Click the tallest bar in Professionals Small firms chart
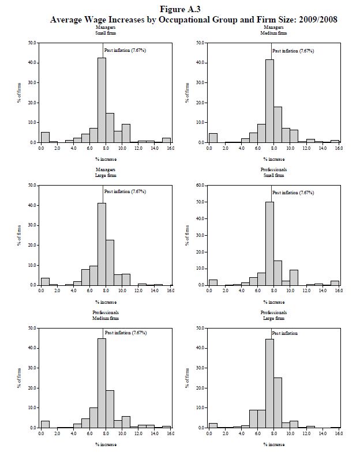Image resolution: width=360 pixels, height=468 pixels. (x=269, y=243)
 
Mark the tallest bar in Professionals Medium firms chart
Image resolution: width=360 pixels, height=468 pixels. (x=102, y=383)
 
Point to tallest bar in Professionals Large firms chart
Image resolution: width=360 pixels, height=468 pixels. (x=269, y=383)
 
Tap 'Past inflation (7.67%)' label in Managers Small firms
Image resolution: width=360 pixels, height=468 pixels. (x=125, y=51)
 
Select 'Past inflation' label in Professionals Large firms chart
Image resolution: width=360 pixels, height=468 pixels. (x=285, y=334)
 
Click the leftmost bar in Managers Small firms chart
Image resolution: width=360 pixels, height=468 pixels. (x=45, y=137)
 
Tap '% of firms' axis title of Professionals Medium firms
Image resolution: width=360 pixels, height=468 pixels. (x=18, y=377)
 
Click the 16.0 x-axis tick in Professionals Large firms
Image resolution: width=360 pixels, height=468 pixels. (x=339, y=432)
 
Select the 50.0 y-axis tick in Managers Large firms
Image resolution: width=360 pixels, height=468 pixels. (x=32, y=186)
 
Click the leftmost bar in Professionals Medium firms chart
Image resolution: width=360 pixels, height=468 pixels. (x=45, y=424)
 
